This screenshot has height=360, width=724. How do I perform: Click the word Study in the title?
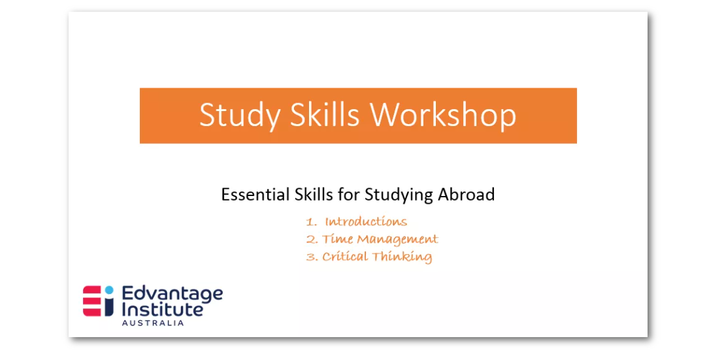[x=239, y=116]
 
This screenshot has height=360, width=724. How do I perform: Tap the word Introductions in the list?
[x=366, y=221]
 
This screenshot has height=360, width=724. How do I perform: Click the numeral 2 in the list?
[x=310, y=240]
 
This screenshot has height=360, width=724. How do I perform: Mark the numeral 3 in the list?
[x=310, y=257]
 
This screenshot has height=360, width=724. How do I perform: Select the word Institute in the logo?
[x=162, y=309]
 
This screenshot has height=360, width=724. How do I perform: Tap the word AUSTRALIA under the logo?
[x=152, y=323]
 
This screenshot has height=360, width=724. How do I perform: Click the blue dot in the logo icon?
[x=109, y=290]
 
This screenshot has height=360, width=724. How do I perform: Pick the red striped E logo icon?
[x=92, y=301]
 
